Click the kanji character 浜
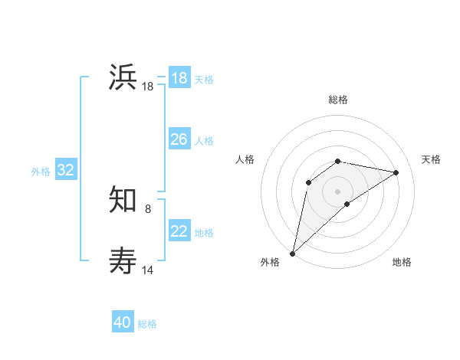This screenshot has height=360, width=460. pos(123,78)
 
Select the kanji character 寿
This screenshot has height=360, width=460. pos(123,260)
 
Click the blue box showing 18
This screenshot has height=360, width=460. pos(179,78)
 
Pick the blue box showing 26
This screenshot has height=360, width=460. pos(179,139)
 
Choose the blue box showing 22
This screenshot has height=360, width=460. pos(179,231)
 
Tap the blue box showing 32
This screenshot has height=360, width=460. pos(65,170)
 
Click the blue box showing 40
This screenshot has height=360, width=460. pos(123,323)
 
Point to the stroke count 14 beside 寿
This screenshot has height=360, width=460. pos(148,270)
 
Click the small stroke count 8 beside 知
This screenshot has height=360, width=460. pos(148,208)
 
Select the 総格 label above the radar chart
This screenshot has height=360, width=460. pos(337,100)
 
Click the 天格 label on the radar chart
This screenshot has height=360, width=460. pos(431,159)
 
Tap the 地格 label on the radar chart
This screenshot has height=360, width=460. pos(402,262)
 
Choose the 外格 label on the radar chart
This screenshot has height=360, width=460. pos(270,262)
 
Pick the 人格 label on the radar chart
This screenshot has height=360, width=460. pos(245,159)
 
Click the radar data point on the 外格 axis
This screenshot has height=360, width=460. pos(292,253)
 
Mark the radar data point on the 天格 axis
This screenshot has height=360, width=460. pos(396,172)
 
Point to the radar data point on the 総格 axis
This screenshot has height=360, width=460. pos(337,161)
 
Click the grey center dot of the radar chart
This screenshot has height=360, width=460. pos(337,191)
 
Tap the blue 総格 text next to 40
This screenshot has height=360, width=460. pos(147,324)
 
